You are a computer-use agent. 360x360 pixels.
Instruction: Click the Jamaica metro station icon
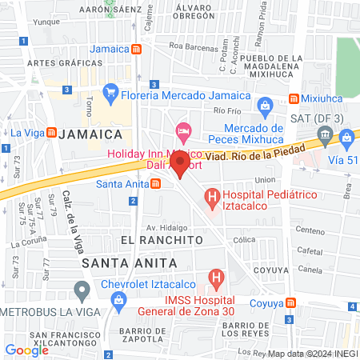pyautogui.click(x=138, y=48)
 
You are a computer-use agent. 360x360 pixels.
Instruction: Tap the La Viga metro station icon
pyautogui.click(x=50, y=132)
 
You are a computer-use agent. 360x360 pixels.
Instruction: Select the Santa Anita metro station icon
pyautogui.click(x=156, y=184)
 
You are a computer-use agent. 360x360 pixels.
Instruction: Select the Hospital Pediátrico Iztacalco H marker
pyautogui.click(x=212, y=194)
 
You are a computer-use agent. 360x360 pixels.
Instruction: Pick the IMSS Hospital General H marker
pyautogui.click(x=215, y=278)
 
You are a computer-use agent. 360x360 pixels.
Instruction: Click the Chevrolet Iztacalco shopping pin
pyautogui.click(x=119, y=302)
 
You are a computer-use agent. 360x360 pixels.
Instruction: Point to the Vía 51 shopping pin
pyautogui.click(x=346, y=138)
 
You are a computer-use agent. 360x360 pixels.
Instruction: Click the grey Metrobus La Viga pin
pyautogui.click(x=81, y=290)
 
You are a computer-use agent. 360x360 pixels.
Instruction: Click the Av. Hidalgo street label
pyautogui.click(x=161, y=226)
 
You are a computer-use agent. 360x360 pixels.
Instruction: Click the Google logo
pyautogui.click(x=26, y=350)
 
